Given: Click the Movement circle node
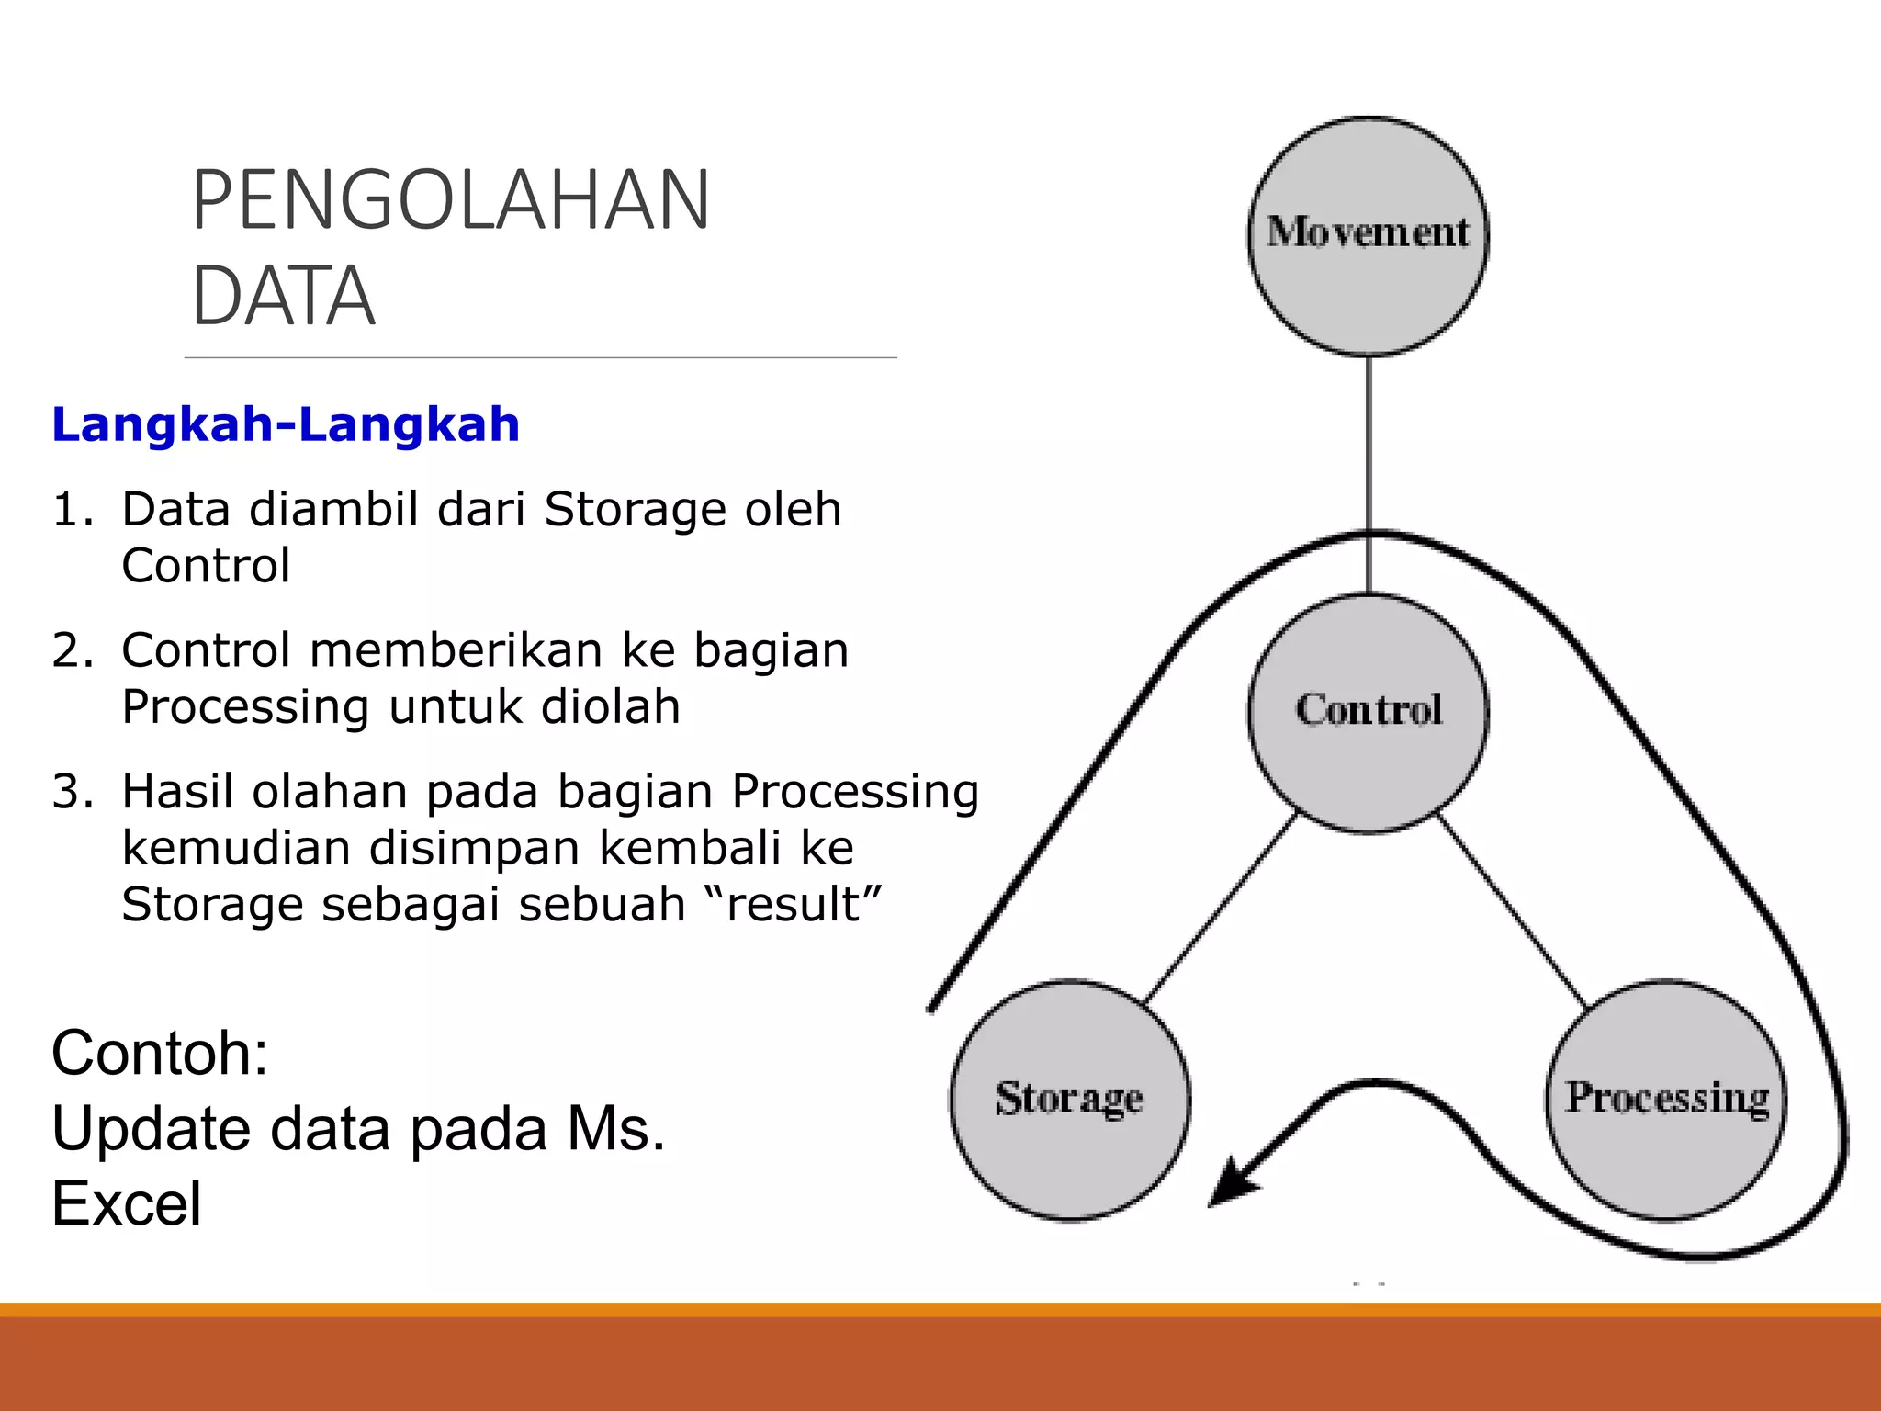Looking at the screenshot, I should coord(1368,236).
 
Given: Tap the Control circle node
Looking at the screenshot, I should coord(1368,713).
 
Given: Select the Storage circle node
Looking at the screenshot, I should coord(1069,1100).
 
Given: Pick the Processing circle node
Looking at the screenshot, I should coord(1666,1100).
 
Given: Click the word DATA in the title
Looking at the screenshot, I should coord(283,296).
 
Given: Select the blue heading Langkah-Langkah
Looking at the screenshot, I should coord(286,424).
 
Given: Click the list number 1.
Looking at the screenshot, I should coord(72,510).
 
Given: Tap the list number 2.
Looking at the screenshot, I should coord(72,650).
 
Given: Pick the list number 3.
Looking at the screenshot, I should coord(72,792).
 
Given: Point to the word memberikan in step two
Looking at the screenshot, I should coord(456,650).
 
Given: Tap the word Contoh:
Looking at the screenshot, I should coord(160,1053).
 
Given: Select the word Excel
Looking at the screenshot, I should coord(126,1203).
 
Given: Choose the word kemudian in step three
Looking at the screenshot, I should coord(236,848).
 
